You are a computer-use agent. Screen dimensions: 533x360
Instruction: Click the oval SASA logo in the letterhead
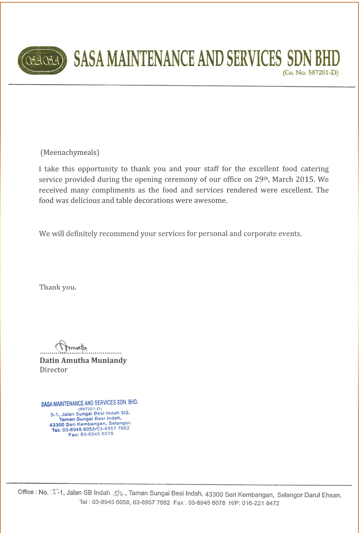click(x=42, y=60)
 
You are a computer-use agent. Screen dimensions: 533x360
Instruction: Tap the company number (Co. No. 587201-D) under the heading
click(x=311, y=73)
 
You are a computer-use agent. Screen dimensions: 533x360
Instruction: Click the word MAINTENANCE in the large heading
click(x=151, y=59)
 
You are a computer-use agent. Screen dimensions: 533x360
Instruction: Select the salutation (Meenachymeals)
click(x=70, y=152)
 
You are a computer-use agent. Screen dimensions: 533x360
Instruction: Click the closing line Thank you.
click(x=58, y=287)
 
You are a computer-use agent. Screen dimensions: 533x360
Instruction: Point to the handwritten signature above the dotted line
click(x=71, y=347)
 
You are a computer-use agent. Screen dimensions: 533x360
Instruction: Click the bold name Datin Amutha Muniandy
click(x=83, y=360)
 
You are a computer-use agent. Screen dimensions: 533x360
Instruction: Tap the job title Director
click(x=54, y=370)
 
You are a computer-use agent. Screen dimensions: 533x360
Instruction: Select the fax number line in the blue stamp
click(x=91, y=434)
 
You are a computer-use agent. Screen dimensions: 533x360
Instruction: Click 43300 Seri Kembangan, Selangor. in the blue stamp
click(x=90, y=424)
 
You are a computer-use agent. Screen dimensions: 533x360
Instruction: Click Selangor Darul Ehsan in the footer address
click(x=309, y=495)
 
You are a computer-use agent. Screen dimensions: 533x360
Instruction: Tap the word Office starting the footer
click(x=26, y=492)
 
